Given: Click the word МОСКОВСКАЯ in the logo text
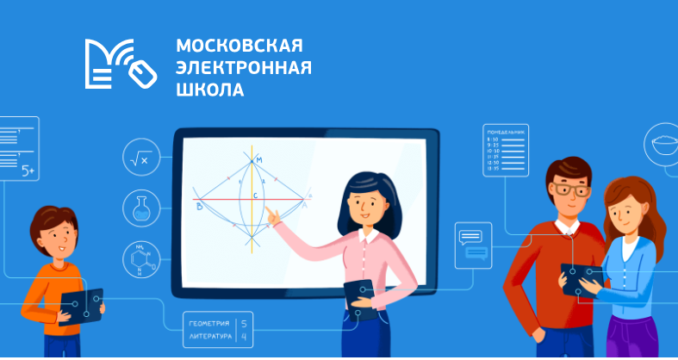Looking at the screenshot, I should point(239,46).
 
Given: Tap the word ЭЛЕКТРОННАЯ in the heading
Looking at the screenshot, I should point(243,67).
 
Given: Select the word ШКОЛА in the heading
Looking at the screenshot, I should point(209,89).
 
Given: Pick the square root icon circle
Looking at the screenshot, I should point(140,158).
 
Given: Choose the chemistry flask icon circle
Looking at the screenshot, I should point(140,208).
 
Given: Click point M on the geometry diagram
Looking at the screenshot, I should point(252,160).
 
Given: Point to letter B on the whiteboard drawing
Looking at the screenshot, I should point(199,207).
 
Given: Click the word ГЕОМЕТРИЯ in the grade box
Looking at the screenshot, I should point(209,322).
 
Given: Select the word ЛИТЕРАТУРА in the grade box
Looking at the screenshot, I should point(209,336).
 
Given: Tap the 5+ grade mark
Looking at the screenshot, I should point(28,172).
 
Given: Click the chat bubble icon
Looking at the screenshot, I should point(473,245).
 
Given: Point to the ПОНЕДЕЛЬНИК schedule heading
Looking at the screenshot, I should point(506,132).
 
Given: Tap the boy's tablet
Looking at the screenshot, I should point(82,305).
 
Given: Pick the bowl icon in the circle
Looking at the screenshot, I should point(663,143).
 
